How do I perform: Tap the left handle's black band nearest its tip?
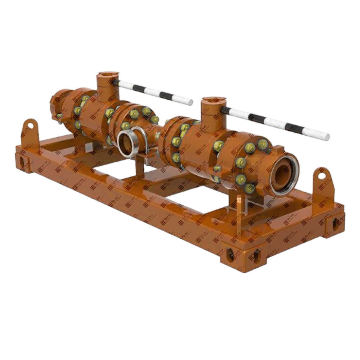pos(164,95)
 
